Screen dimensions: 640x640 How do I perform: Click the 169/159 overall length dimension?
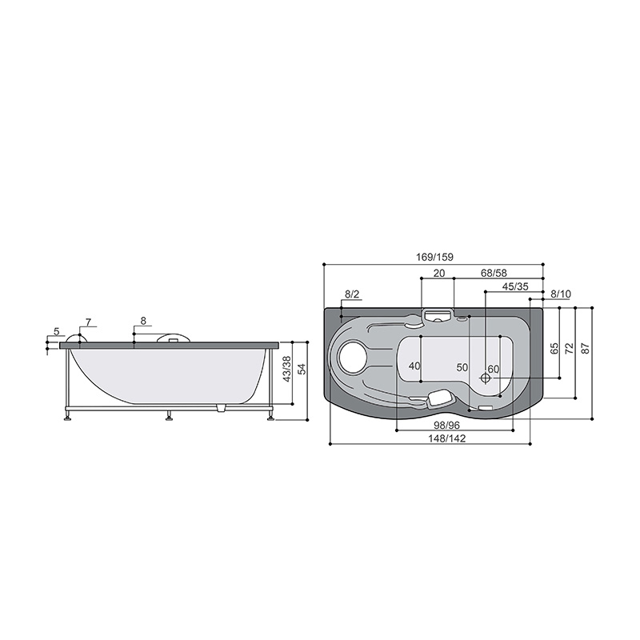pyautogui.click(x=434, y=257)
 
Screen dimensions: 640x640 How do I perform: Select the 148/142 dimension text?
pyautogui.click(x=447, y=438)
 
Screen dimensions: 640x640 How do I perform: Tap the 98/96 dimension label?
pyautogui.click(x=446, y=426)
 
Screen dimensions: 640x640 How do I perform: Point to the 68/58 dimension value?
pyautogui.click(x=494, y=273)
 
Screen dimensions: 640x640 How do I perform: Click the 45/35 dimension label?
pyautogui.click(x=515, y=286)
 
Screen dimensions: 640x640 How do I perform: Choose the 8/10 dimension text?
pyautogui.click(x=561, y=294)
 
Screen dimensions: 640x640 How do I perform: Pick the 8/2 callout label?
pyautogui.click(x=352, y=294)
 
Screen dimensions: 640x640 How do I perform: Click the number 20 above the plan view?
pyautogui.click(x=439, y=273)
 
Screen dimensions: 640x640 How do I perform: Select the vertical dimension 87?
pyautogui.click(x=586, y=348)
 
